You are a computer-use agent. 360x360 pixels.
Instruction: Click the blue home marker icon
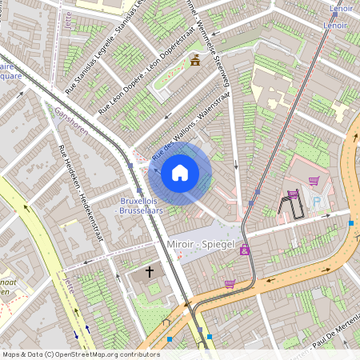coord(180,172)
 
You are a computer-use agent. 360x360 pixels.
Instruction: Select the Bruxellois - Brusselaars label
coord(140,205)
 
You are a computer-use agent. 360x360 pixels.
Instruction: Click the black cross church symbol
coord(149,273)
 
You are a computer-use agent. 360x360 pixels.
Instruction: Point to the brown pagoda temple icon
coord(195,61)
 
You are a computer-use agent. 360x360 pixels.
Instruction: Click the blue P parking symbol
coord(316,202)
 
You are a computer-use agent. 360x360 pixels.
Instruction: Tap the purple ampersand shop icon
coord(244,250)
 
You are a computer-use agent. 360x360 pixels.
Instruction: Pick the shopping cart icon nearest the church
coord(230,283)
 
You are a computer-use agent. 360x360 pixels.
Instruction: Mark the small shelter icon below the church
coord(166,322)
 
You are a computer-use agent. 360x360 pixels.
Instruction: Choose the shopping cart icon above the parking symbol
coord(314,180)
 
